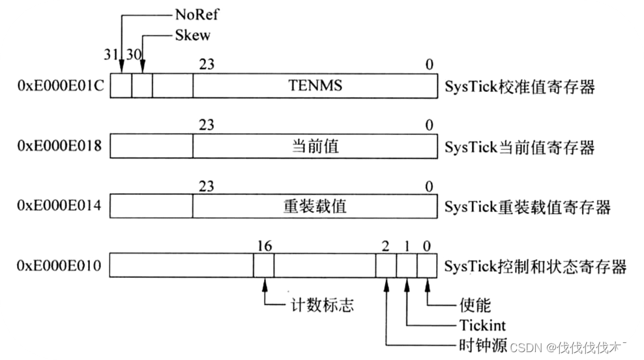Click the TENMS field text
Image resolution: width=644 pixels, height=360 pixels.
pos(315,86)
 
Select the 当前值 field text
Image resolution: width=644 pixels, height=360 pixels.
pos(315,147)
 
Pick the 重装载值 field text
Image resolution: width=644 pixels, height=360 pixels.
pos(315,207)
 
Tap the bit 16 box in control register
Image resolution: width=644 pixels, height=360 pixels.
pos(263,267)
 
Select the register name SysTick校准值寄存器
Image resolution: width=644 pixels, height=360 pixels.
pos(520,87)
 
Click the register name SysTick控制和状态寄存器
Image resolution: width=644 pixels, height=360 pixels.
pos(535,267)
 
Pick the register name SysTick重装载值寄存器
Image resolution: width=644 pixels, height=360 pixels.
pos(527,207)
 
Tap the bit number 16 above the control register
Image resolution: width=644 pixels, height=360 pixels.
pos(265,246)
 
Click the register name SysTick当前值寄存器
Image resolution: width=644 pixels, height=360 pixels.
pos(520,147)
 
